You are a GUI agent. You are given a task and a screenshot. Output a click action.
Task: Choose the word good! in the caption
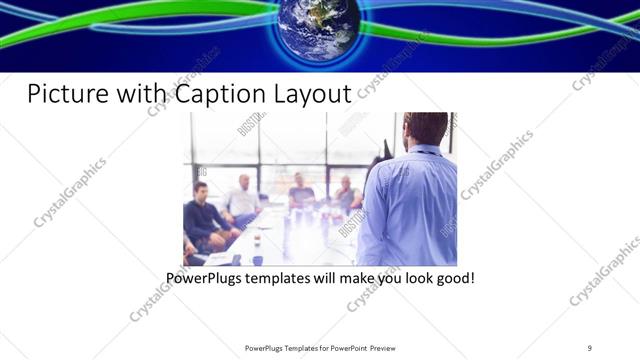coord(453,276)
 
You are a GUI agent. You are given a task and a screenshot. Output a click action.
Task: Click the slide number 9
coord(590,348)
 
